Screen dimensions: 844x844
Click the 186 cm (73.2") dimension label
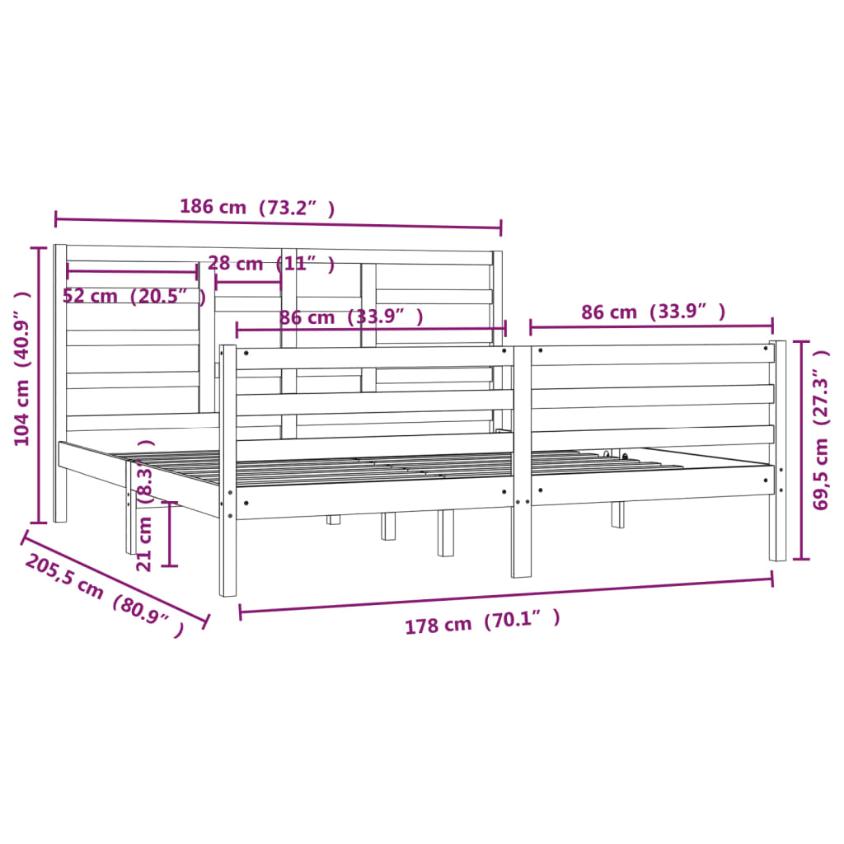click(x=257, y=208)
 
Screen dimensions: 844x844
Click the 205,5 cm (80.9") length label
click(x=104, y=596)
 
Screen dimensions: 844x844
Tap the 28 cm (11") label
click(x=271, y=265)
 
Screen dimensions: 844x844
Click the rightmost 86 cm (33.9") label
click(x=653, y=312)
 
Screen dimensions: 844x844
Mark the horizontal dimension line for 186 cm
click(x=278, y=223)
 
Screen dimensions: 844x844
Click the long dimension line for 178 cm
click(x=506, y=595)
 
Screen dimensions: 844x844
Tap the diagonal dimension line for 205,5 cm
click(x=115, y=578)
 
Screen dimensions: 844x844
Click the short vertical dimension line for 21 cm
click(x=170, y=534)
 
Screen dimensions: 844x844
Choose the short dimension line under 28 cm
click(x=248, y=282)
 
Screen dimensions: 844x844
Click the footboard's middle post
click(x=522, y=462)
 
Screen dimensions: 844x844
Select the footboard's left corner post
click(x=228, y=470)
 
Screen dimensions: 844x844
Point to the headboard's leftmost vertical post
click(x=59, y=383)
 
